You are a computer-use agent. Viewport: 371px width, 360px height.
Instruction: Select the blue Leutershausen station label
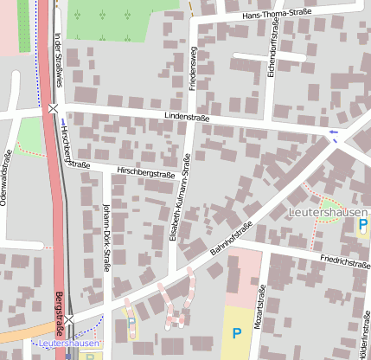pos(69,344)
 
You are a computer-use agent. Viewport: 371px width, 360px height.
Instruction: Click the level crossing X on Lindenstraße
pos(54,108)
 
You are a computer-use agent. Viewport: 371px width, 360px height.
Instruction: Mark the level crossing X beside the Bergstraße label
pos(69,320)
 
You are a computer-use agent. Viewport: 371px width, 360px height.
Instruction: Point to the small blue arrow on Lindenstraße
pos(334,132)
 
